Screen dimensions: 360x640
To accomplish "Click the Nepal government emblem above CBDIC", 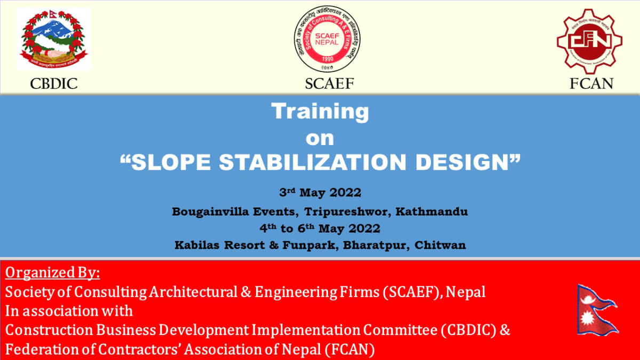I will [x=53, y=39].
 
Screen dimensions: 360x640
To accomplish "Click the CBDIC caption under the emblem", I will [x=54, y=84].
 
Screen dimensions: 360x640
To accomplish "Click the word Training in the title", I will [x=319, y=112].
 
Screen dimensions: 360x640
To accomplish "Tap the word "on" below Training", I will [x=319, y=138].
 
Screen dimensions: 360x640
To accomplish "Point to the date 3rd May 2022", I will [x=320, y=193].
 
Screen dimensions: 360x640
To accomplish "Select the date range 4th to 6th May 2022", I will [x=320, y=229].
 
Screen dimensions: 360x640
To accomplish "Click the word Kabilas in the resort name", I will [x=197, y=246].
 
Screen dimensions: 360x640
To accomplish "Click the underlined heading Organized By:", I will [x=53, y=274].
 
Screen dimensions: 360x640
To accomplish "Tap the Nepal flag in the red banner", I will [x=597, y=309].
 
